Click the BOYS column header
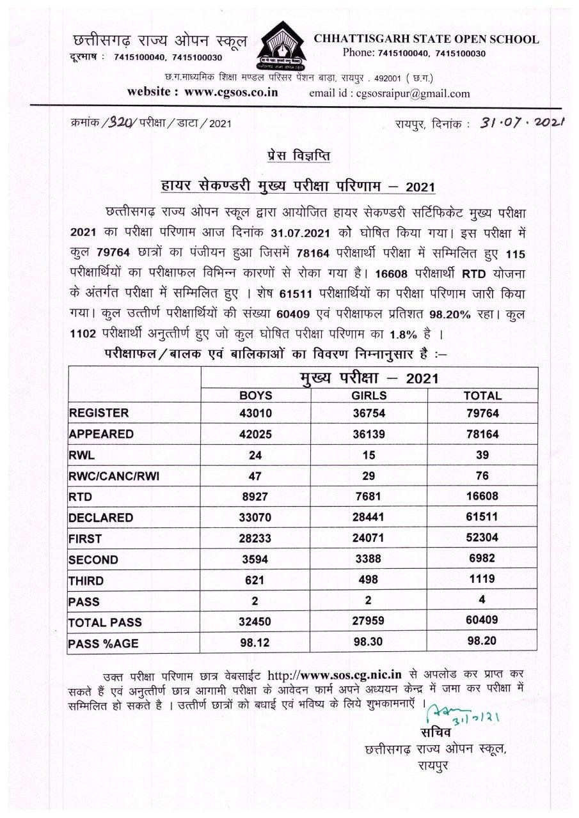pos(256,396)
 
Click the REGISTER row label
pos(99,413)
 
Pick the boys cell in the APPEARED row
pos(256,434)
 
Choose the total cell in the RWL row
pos(482,454)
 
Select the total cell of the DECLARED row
pos(482,517)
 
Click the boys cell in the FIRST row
pos(256,538)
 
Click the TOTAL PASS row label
pos(105,622)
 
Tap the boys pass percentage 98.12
pos(256,641)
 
